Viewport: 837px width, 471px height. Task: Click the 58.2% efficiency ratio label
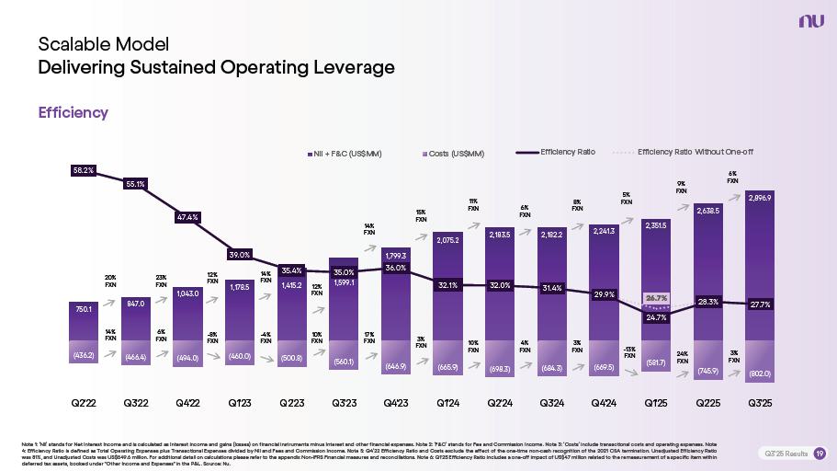point(84,170)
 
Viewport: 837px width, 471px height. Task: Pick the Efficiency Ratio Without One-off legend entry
point(695,152)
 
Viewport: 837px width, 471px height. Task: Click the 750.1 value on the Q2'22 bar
point(84,311)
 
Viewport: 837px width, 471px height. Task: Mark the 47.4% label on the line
point(187,217)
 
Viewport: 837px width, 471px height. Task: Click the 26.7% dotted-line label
point(656,298)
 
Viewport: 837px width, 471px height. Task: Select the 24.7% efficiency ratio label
point(656,317)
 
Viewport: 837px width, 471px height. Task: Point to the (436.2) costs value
point(84,353)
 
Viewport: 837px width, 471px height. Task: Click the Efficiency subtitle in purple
point(73,112)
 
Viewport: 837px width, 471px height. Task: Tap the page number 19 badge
point(820,454)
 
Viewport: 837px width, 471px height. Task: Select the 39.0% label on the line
point(239,254)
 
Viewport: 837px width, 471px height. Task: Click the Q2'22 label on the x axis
point(84,403)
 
